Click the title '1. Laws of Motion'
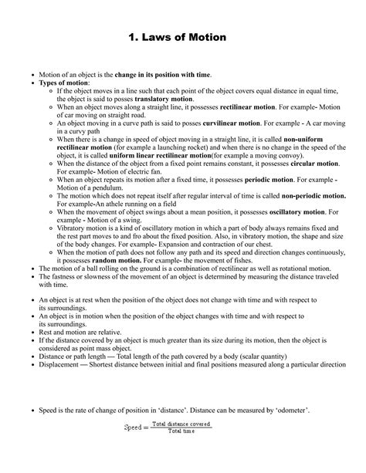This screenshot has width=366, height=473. pyautogui.click(x=182, y=36)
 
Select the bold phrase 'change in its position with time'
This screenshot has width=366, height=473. pyautogui.click(x=162, y=75)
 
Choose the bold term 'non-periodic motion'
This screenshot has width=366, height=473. pyautogui.click(x=295, y=196)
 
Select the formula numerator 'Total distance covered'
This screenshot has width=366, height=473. pyautogui.click(x=181, y=423)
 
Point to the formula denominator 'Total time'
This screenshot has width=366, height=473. pyautogui.click(x=181, y=431)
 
